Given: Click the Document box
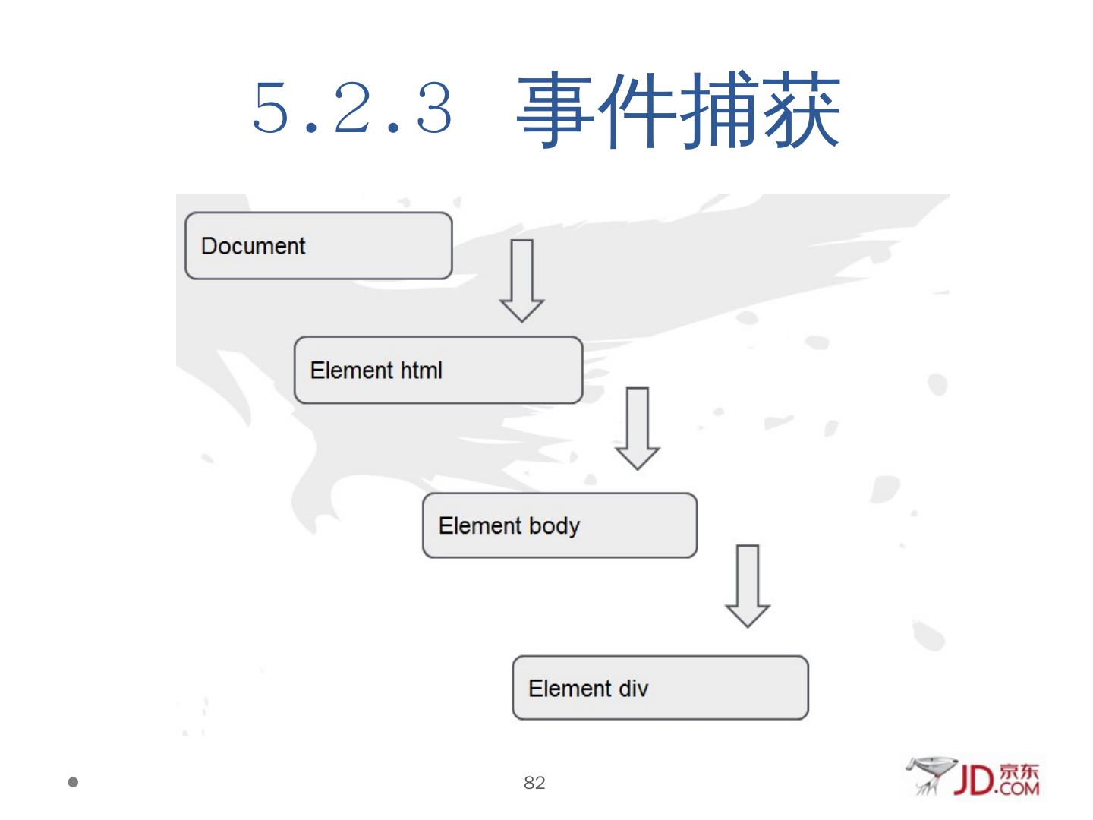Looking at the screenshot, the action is point(319,246).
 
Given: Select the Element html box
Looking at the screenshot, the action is point(438,371).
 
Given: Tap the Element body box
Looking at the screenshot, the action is point(559,525).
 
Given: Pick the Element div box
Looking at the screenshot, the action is point(660,688).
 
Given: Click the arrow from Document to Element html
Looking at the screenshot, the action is point(521,280).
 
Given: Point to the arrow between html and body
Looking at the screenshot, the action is point(637,428).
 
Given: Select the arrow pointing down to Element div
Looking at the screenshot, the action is point(748,585).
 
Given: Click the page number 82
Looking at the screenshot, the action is point(534,783).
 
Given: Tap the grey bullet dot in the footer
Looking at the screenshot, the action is point(73,782).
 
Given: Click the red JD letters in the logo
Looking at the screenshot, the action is point(974,780).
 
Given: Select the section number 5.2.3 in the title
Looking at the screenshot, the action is point(352,109).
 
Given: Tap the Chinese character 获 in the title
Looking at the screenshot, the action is point(800,110).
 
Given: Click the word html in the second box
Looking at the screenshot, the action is point(421,371).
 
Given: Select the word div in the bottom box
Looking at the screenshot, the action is point(634,688).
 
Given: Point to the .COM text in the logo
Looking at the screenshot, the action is point(1018,789).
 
